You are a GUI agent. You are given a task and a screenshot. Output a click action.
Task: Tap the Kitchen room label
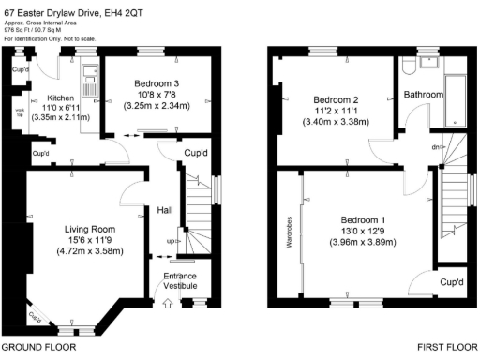pyautogui.click(x=48, y=97)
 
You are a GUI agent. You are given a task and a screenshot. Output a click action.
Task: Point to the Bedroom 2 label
pyautogui.click(x=337, y=99)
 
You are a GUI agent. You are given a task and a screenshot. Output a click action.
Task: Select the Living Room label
pyautogui.click(x=89, y=229)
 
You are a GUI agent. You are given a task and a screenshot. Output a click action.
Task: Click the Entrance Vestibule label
pyautogui.click(x=181, y=280)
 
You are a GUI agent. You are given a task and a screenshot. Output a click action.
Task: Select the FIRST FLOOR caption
pyautogui.click(x=448, y=346)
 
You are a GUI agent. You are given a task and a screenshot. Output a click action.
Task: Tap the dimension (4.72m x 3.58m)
pyautogui.click(x=90, y=252)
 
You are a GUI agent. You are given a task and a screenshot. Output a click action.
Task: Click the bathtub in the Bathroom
pyautogui.click(x=454, y=94)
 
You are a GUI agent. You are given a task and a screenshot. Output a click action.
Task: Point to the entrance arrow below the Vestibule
pyautogui.click(x=168, y=302)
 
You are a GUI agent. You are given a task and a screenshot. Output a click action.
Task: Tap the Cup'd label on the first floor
pyautogui.click(x=452, y=281)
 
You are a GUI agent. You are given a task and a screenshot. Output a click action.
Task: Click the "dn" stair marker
pyautogui.click(x=434, y=146)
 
